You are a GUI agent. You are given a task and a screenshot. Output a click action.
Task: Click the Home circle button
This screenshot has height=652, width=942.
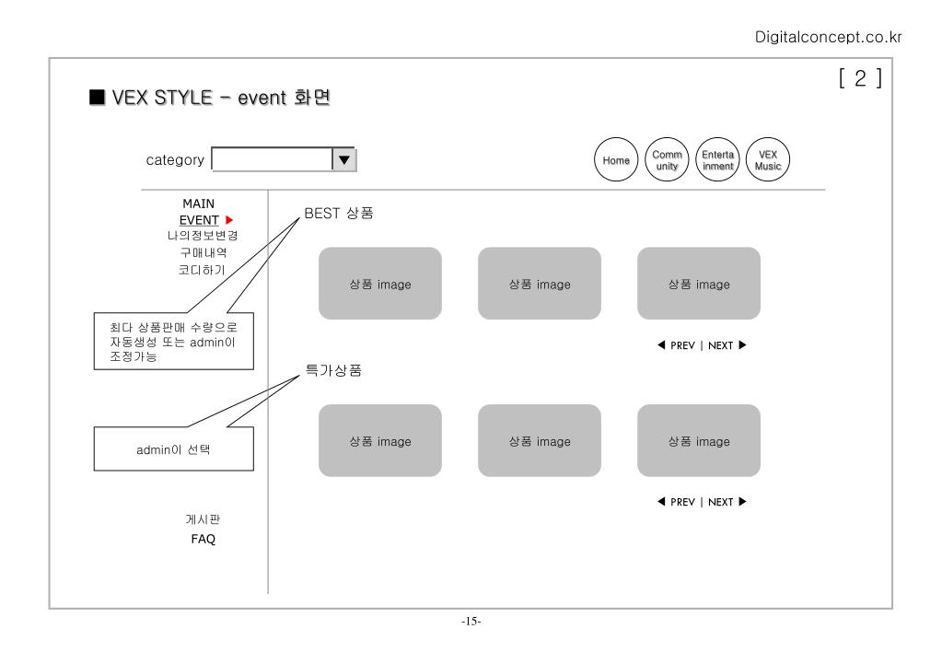pyautogui.click(x=617, y=160)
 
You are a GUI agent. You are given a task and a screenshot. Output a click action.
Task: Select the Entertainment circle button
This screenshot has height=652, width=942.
pyautogui.click(x=717, y=160)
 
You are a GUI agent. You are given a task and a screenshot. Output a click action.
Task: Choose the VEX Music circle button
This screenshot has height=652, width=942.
pyautogui.click(x=767, y=160)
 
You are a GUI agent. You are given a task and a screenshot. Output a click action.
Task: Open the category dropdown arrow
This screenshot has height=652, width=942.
pyautogui.click(x=343, y=159)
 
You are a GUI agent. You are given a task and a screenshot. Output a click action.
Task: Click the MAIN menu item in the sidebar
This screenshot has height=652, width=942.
pyautogui.click(x=198, y=204)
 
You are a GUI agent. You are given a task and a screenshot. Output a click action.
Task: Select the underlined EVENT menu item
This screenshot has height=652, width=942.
pyautogui.click(x=199, y=220)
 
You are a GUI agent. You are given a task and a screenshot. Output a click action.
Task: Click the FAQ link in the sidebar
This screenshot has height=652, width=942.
pyautogui.click(x=203, y=540)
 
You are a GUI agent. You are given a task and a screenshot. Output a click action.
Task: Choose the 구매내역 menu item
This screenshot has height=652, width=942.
pyautogui.click(x=203, y=252)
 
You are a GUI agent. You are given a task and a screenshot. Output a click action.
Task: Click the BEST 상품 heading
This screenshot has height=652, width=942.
pyautogui.click(x=338, y=214)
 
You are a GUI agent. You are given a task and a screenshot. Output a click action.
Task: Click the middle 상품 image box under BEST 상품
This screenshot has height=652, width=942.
pyautogui.click(x=540, y=284)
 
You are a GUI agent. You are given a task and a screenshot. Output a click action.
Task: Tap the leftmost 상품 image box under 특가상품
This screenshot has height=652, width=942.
pyautogui.click(x=380, y=441)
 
